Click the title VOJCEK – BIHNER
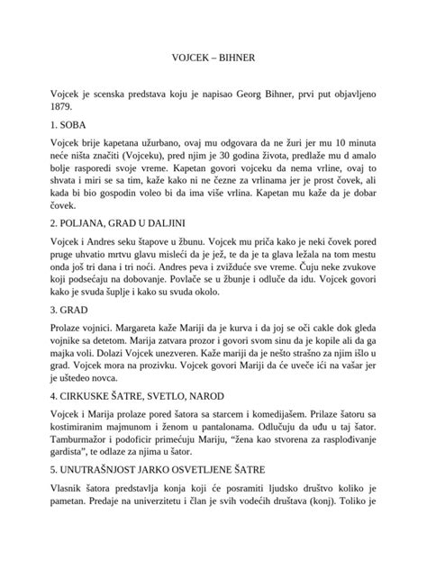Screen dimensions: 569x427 (x=213, y=56)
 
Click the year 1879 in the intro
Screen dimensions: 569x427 (x=65, y=104)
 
